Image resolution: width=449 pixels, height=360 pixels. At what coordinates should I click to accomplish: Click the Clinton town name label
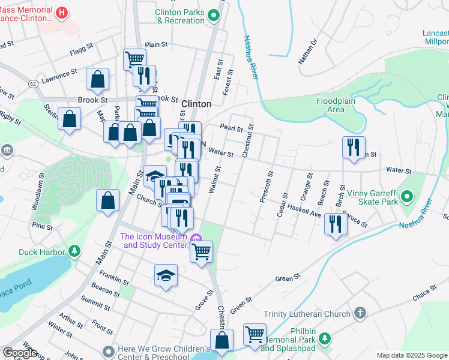(196, 104)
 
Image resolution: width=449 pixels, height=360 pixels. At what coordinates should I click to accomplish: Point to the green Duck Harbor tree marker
(74, 251)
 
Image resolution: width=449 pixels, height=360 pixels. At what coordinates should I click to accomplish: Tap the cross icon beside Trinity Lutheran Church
(359, 313)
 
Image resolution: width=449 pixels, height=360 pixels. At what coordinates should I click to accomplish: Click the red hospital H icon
(61, 12)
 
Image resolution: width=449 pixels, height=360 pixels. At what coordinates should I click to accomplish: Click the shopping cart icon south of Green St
(255, 334)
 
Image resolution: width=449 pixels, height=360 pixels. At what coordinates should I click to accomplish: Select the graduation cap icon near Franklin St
(166, 275)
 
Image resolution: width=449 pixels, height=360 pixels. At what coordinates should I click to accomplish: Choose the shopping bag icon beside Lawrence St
(97, 79)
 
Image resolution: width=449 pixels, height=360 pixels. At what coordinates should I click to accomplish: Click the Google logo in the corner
(20, 353)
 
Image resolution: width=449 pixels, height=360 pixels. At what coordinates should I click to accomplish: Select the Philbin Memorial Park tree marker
(325, 338)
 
